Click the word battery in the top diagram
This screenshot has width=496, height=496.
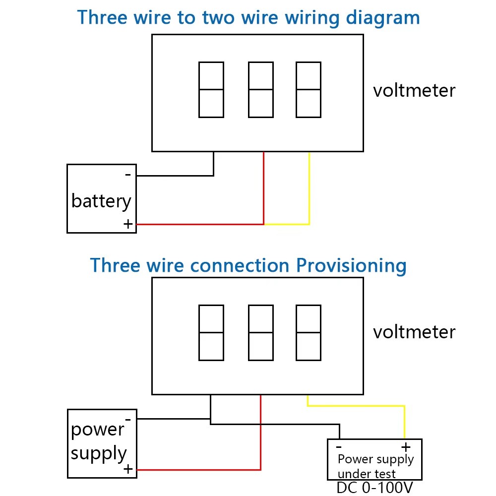101,201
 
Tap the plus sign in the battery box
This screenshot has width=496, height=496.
128,224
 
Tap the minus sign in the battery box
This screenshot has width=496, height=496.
128,175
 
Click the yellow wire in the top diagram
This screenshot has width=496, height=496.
309,188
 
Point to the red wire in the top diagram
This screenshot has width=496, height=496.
263,188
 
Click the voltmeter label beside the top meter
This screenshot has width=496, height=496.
414,91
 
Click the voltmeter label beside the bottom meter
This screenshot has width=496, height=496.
414,332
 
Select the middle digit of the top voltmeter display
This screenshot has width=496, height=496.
261,90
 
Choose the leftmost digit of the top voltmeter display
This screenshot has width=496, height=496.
211,90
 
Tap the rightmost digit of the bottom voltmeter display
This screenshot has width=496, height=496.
309,332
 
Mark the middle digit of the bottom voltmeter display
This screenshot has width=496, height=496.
261,332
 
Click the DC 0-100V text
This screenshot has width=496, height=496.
374,488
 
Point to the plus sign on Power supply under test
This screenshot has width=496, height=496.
406,445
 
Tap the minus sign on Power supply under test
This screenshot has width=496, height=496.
338,445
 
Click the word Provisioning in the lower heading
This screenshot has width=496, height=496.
351,266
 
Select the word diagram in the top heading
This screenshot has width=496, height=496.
382,18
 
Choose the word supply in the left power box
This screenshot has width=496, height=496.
99,453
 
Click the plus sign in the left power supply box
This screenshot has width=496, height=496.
128,469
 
